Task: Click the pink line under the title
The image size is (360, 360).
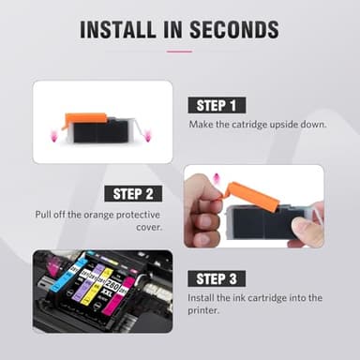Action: click(x=179, y=52)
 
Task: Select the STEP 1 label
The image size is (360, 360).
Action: click(x=218, y=105)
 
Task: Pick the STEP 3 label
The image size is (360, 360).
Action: click(x=218, y=278)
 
